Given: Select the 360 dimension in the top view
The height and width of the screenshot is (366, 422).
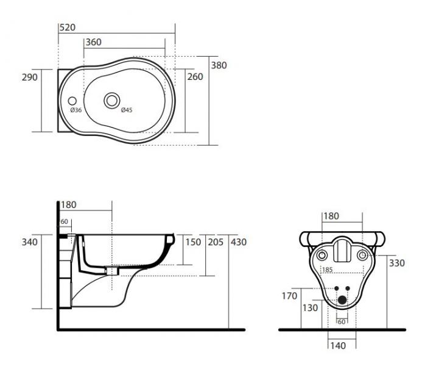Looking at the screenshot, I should click(x=93, y=42).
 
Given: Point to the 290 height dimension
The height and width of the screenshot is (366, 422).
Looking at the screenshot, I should click(x=30, y=77).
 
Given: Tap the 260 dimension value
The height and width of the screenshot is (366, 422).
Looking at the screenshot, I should click(x=195, y=77).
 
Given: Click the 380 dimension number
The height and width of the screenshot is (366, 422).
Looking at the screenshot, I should click(x=219, y=65).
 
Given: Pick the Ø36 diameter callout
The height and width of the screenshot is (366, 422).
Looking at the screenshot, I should click(x=76, y=110).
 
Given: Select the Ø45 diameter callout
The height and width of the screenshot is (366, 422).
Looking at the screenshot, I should click(x=126, y=110).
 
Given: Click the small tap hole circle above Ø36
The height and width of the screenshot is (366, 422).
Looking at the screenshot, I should click(x=72, y=100).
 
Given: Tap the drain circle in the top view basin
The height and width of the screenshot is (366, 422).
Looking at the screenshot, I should click(x=112, y=99).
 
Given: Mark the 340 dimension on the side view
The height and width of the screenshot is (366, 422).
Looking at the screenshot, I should click(x=30, y=242).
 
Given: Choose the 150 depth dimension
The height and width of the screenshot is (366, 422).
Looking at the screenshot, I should click(x=192, y=242).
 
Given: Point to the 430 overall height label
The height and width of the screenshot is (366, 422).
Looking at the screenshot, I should click(x=239, y=242).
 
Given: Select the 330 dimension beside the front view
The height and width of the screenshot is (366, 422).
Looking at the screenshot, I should click(x=398, y=264).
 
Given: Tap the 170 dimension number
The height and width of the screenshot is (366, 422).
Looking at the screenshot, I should click(x=289, y=296).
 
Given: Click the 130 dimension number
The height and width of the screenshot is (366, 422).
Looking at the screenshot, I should click(x=310, y=308).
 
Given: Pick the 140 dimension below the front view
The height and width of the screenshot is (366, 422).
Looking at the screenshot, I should click(x=337, y=346).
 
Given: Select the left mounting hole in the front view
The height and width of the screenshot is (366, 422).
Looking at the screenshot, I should click(x=321, y=254).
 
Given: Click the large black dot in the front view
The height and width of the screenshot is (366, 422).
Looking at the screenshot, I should click(x=342, y=300).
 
